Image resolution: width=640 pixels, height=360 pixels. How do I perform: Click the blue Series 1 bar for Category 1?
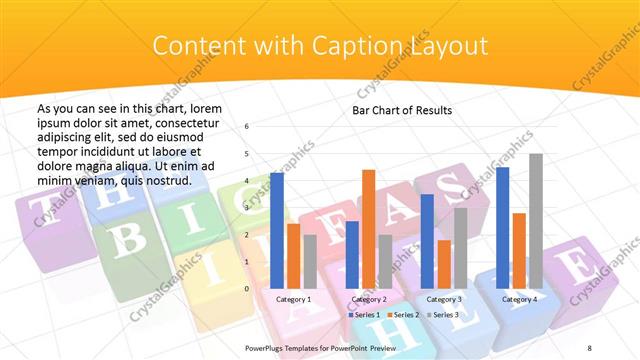click(x=277, y=231)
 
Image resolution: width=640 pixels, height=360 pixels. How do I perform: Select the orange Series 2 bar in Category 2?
click(x=368, y=230)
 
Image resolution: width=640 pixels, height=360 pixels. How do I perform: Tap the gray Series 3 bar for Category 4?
click(x=536, y=221)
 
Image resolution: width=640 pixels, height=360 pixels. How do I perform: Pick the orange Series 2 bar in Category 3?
click(x=444, y=264)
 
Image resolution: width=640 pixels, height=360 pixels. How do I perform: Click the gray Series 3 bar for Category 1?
click(x=310, y=262)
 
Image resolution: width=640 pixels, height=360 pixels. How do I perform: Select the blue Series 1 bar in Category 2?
click(x=352, y=255)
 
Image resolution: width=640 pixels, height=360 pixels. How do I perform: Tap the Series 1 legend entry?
click(x=362, y=315)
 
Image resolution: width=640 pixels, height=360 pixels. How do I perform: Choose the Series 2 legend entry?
click(x=403, y=315)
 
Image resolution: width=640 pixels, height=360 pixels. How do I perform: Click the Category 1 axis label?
click(x=293, y=299)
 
